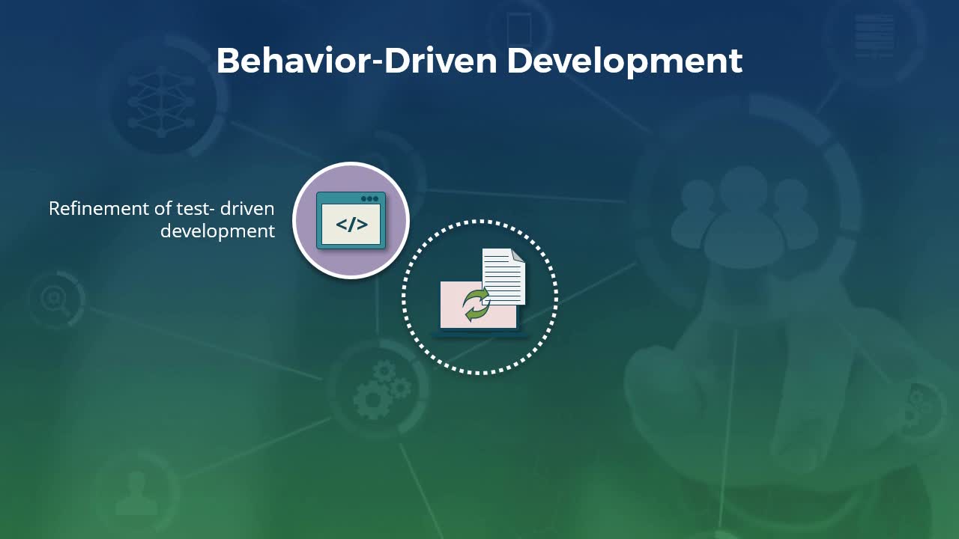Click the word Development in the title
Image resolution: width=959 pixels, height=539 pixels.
[625, 62]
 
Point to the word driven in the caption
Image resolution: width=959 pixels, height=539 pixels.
[247, 209]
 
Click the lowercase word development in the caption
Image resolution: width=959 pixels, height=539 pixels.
[217, 232]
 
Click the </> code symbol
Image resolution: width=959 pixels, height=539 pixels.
[351, 225]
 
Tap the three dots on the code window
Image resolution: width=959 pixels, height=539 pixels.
[370, 199]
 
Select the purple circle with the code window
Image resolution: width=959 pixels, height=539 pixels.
[351, 220]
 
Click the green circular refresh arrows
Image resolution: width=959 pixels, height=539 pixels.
[476, 305]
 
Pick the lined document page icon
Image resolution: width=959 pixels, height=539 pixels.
[503, 276]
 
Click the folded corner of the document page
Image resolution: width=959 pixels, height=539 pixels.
[518, 255]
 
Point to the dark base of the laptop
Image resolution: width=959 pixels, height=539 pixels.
[480, 334]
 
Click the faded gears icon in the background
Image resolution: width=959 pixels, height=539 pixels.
[382, 390]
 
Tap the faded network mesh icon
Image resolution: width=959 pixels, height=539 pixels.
[161, 103]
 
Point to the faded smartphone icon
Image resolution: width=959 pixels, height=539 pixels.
[519, 28]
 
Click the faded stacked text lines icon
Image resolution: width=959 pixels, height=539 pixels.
[874, 36]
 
